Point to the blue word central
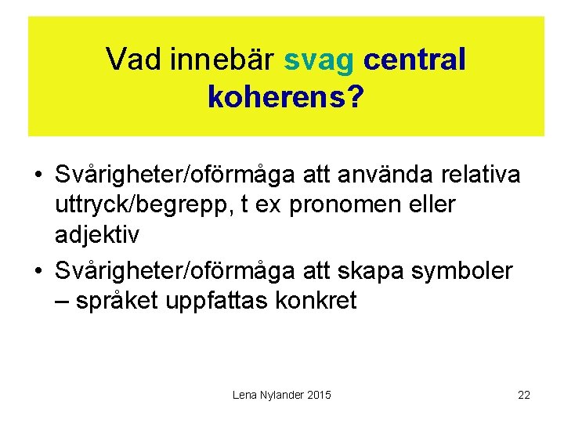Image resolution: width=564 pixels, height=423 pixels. click(415, 60)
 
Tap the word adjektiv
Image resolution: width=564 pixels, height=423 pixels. click(98, 236)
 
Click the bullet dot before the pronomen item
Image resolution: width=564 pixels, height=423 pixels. click(38, 175)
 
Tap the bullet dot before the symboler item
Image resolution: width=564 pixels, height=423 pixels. click(38, 272)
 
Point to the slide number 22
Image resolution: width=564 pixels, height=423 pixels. click(524, 395)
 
